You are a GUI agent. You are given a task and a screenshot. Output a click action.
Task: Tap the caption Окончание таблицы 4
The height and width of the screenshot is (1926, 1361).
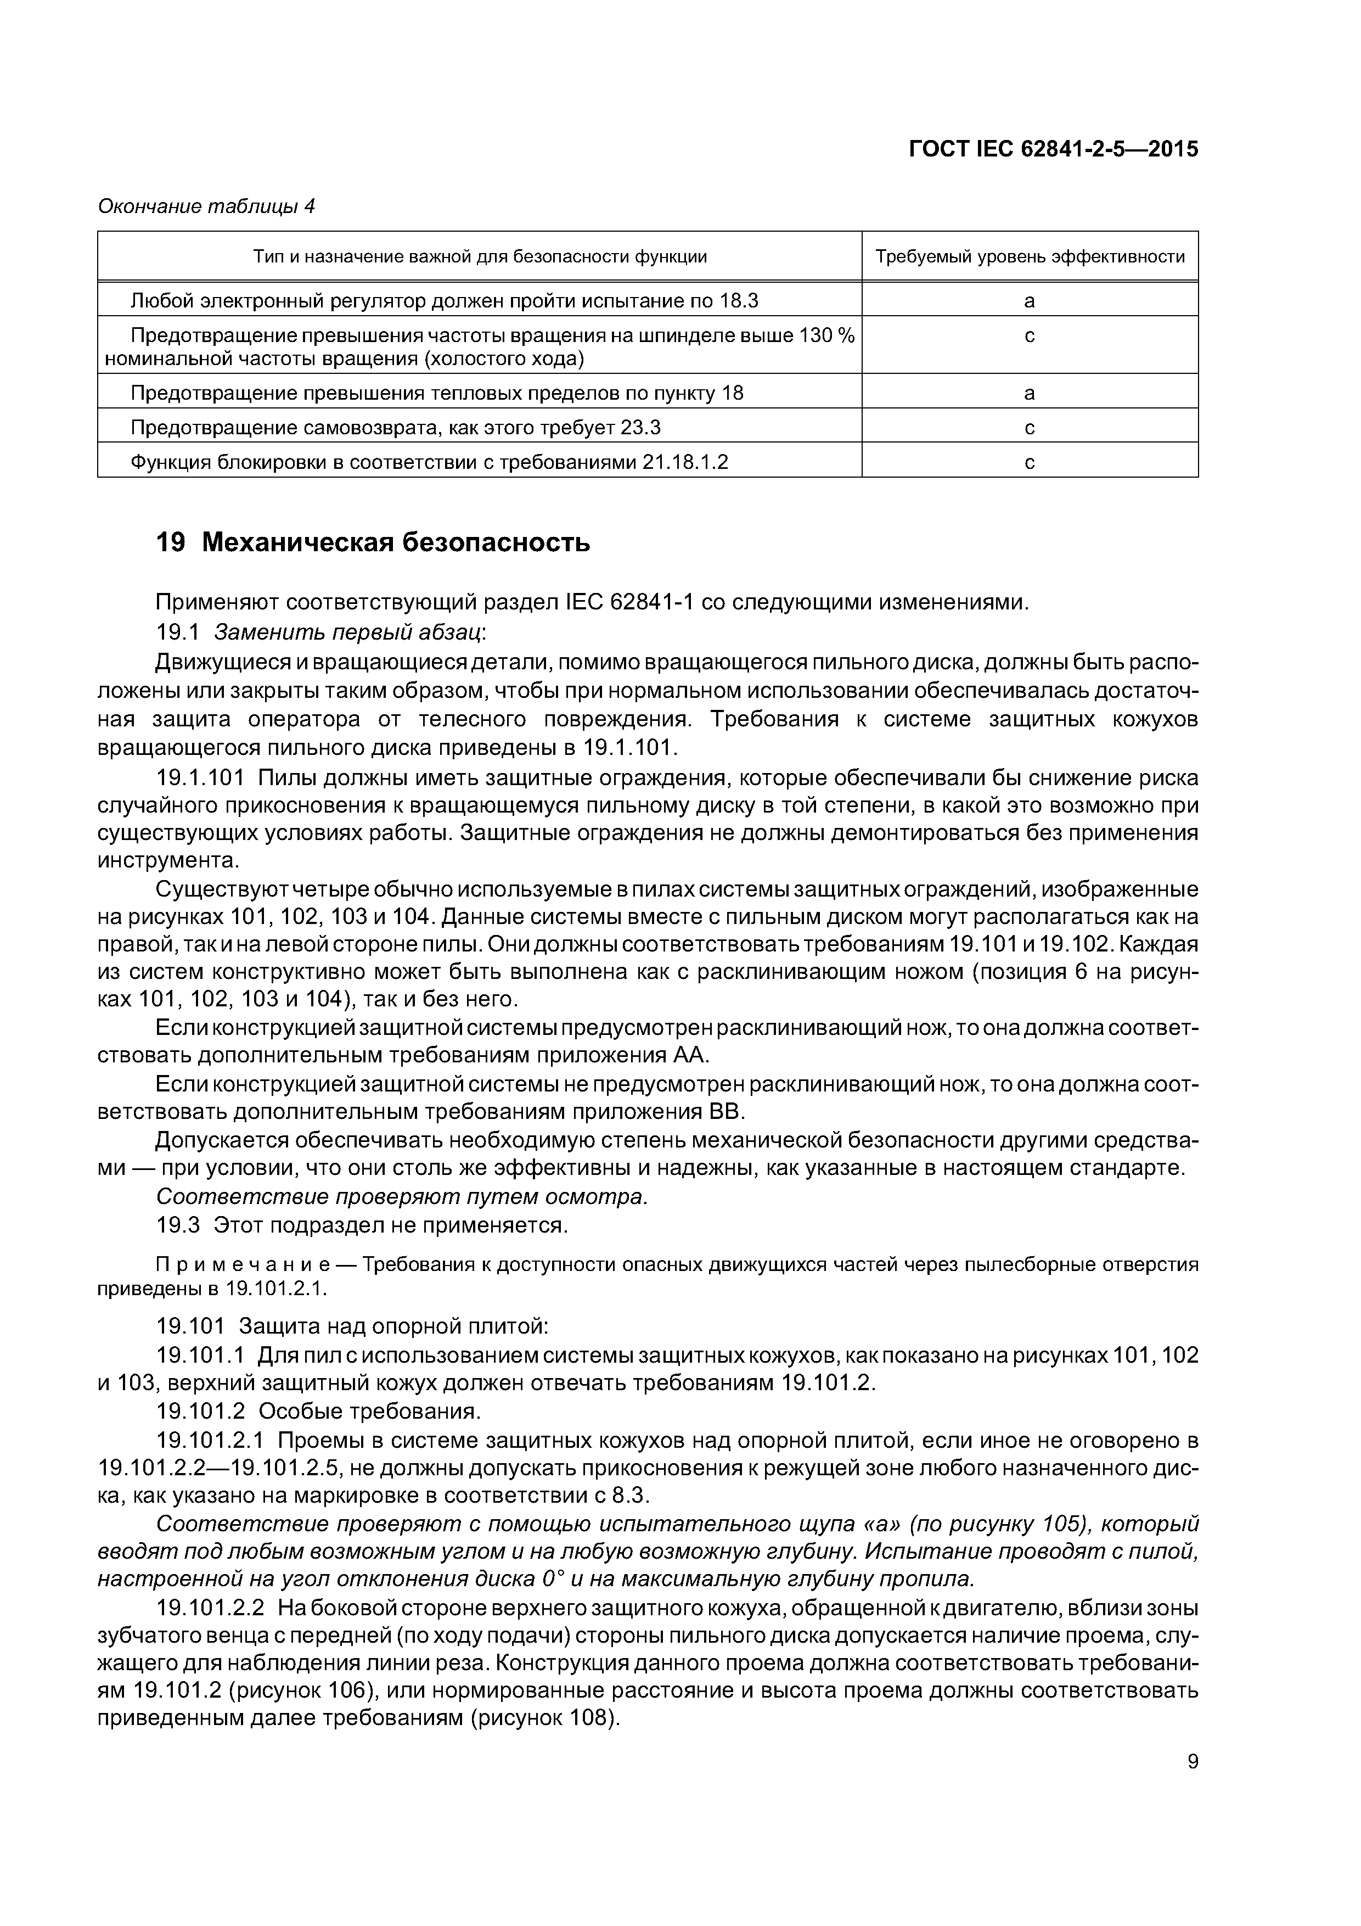pos(206,206)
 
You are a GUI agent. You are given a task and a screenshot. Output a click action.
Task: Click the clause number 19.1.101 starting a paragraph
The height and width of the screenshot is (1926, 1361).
pos(200,777)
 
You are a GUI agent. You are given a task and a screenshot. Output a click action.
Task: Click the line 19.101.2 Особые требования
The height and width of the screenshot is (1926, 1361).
pos(319,1412)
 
